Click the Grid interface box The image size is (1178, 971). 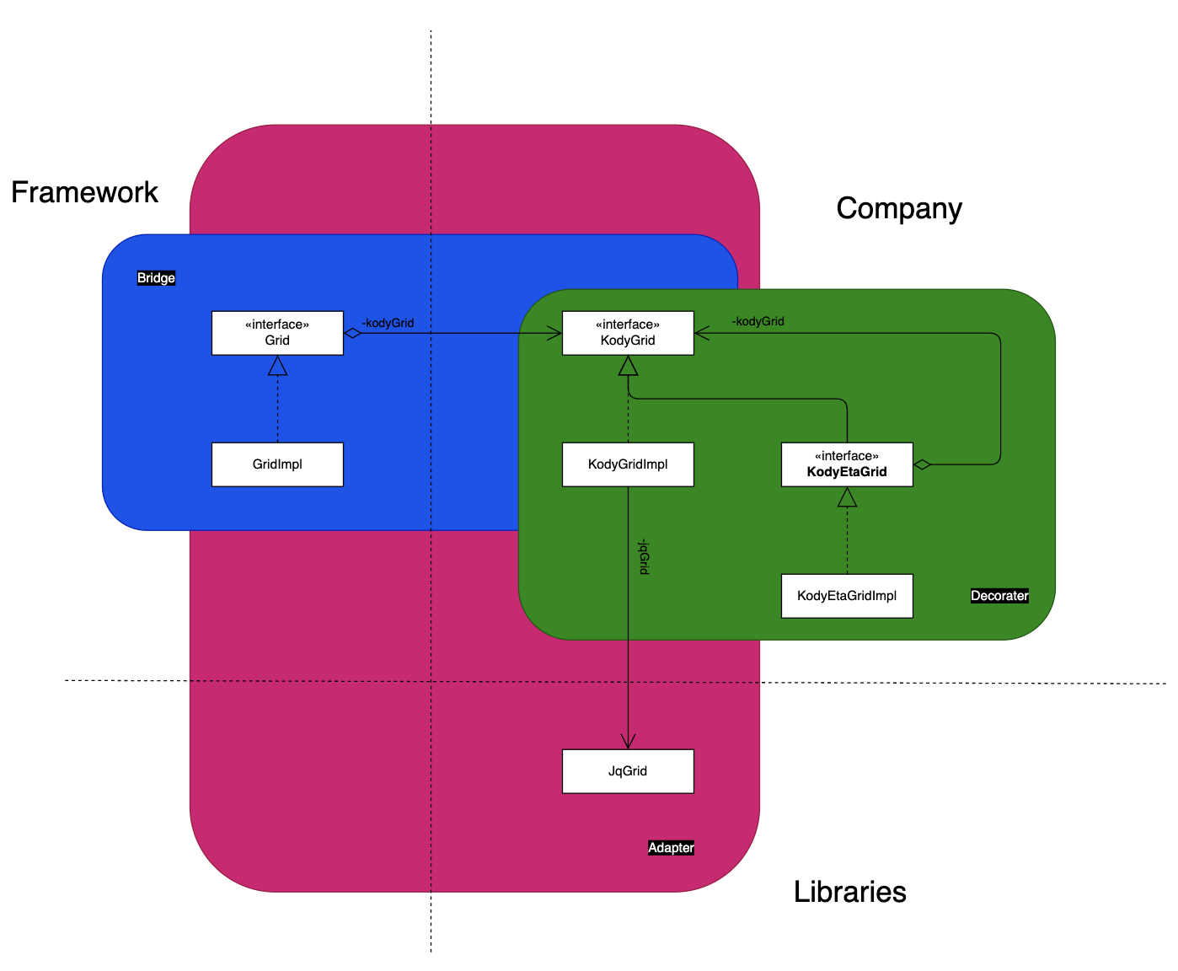pyautogui.click(x=277, y=333)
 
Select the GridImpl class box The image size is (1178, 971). pyautogui.click(x=277, y=464)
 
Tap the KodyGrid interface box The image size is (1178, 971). pyautogui.click(x=628, y=333)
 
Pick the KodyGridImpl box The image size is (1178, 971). pyautogui.click(x=628, y=464)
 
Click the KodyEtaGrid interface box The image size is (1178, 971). pyautogui.click(x=847, y=464)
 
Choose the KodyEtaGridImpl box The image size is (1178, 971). pyautogui.click(x=847, y=596)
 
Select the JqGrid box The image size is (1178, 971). pyautogui.click(x=628, y=771)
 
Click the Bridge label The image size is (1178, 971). pyautogui.click(x=156, y=278)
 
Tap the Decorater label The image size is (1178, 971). pyautogui.click(x=999, y=596)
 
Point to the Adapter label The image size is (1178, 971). pyautogui.click(x=671, y=848)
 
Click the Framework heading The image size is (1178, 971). pyautogui.click(x=84, y=192)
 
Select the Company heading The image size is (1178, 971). pyautogui.click(x=899, y=209)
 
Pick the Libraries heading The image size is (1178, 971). pyautogui.click(x=849, y=892)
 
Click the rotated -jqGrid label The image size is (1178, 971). pyautogui.click(x=643, y=556)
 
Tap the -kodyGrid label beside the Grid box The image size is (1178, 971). pyautogui.click(x=388, y=323)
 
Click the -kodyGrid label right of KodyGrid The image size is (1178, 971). pyautogui.click(x=758, y=321)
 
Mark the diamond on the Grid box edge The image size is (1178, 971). pyautogui.click(x=352, y=333)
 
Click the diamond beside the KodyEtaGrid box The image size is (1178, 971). pyautogui.click(x=922, y=464)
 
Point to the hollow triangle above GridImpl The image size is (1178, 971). pyautogui.click(x=277, y=366)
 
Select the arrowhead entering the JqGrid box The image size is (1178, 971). pyautogui.click(x=628, y=743)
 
